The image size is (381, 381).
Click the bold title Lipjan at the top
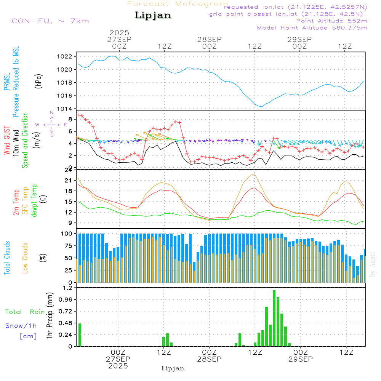(x=153, y=16)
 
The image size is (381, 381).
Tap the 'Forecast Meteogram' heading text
(x=178, y=4)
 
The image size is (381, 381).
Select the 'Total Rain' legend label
(x=25, y=312)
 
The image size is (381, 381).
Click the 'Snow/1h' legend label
(x=21, y=326)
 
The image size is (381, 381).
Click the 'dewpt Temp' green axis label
(x=35, y=201)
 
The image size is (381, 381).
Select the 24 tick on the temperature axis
(x=69, y=170)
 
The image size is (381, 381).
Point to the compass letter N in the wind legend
(x=52, y=113)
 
